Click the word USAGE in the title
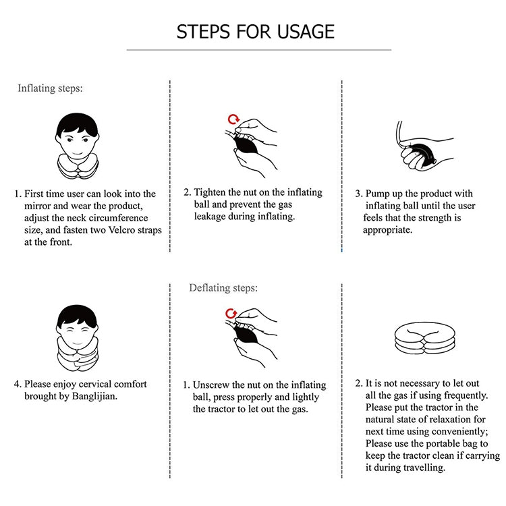[x=306, y=32]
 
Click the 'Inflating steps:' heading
[x=50, y=88]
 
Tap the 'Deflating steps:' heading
[x=223, y=287]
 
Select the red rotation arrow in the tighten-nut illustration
[x=233, y=119]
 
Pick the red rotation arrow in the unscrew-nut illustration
[x=231, y=314]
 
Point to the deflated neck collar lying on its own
[x=424, y=339]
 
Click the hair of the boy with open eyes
[x=78, y=123]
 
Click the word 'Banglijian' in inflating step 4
[x=94, y=396]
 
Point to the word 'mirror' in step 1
[x=34, y=206]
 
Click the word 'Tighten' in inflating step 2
[x=209, y=192]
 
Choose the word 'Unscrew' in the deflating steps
[x=211, y=385]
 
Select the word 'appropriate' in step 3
[x=387, y=230]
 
